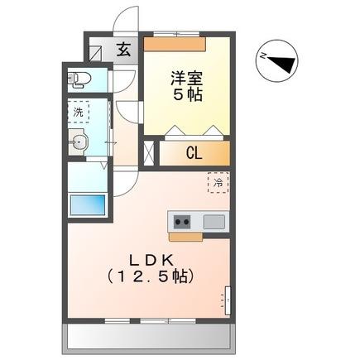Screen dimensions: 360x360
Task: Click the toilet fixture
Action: tap(79, 80)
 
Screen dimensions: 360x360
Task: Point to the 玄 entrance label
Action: tap(122, 49)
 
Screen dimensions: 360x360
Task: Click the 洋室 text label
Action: tap(187, 79)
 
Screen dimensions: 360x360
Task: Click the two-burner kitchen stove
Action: tap(181, 222)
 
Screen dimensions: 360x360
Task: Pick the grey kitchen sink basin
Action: tap(214, 222)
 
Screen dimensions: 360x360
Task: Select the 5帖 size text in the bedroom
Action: tap(187, 95)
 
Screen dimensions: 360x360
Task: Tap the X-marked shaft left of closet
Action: tap(149, 152)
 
